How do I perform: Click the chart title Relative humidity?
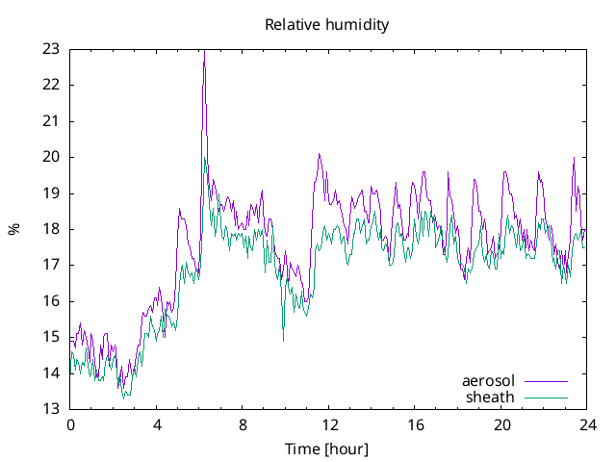click(326, 25)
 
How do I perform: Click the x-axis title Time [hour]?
click(326, 449)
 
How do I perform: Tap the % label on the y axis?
click(13, 229)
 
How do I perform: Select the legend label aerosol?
click(488, 381)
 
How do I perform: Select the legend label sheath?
click(490, 397)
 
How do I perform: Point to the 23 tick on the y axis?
click(51, 48)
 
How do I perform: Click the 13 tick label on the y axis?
click(51, 409)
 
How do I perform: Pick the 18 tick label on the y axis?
click(51, 229)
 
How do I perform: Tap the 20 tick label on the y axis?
click(51, 157)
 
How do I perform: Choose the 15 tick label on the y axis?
click(51, 337)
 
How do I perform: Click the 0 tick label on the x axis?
click(70, 424)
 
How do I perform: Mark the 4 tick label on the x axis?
click(157, 424)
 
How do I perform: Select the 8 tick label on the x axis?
click(243, 424)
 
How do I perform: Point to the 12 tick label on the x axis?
click(329, 424)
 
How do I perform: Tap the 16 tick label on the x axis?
click(415, 424)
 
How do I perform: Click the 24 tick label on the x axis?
click(587, 424)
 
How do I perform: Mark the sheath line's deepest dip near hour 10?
click(283, 340)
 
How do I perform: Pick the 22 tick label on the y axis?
click(51, 85)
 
